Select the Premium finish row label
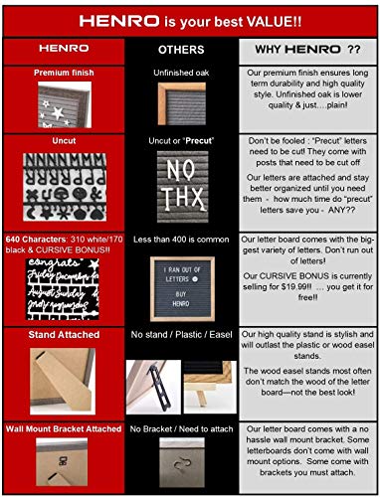(x=65, y=73)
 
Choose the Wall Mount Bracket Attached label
(x=65, y=429)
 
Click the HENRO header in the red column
(x=65, y=48)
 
